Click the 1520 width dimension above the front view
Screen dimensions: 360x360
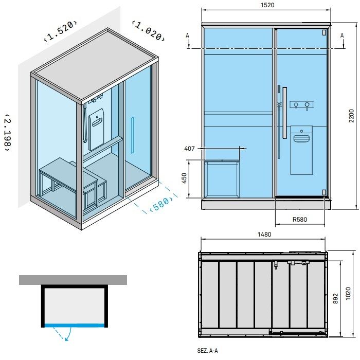[x=267, y=5]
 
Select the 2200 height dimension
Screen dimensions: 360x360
[x=351, y=116]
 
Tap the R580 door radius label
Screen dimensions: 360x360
[x=300, y=220]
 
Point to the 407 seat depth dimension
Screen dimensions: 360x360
[x=189, y=149]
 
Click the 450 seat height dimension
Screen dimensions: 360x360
[x=184, y=178]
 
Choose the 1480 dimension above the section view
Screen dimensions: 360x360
[x=264, y=235]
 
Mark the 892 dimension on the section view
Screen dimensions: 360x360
[x=335, y=298]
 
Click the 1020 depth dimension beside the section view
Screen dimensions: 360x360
[x=348, y=294]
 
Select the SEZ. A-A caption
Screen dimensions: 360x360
[x=208, y=351]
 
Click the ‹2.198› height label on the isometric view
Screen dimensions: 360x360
[x=8, y=133]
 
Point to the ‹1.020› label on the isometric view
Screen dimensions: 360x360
[x=148, y=30]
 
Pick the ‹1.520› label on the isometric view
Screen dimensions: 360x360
[x=60, y=31]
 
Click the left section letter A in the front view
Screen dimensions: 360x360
[x=188, y=35]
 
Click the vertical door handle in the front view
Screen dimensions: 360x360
[x=285, y=113]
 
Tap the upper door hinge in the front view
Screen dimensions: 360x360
[x=324, y=32]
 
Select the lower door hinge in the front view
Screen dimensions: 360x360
[x=324, y=192]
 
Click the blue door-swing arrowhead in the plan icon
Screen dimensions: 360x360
[x=67, y=338]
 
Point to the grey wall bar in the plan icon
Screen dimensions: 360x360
[x=73, y=280]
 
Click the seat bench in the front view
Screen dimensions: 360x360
[x=222, y=178]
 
